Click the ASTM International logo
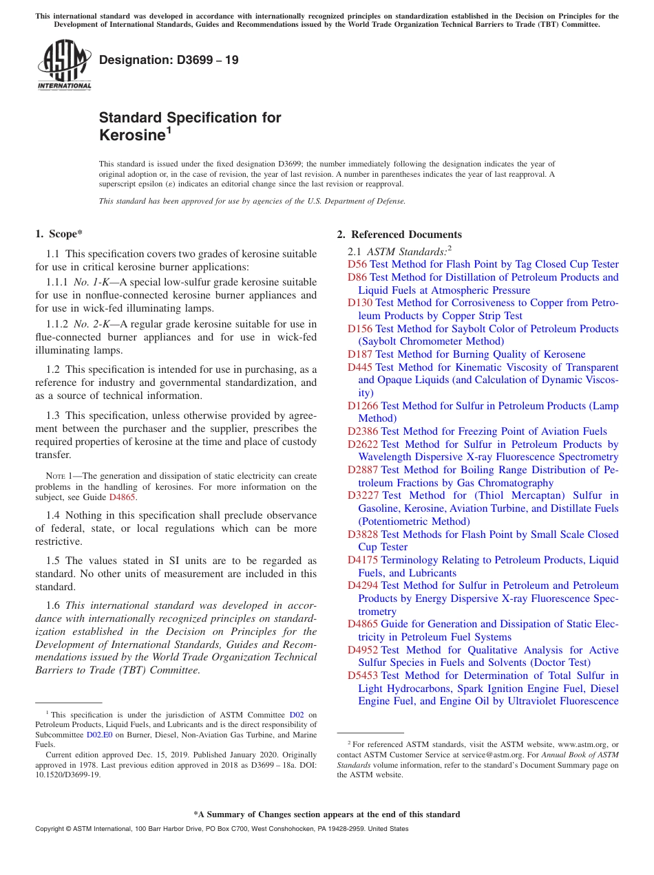(x=64, y=65)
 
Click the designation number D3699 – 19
(x=169, y=60)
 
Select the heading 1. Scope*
(x=59, y=235)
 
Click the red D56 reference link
(x=357, y=264)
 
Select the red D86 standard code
(x=357, y=277)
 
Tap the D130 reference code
(x=360, y=303)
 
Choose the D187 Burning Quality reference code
(x=360, y=354)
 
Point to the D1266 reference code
(x=363, y=406)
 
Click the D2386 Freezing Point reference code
(x=363, y=431)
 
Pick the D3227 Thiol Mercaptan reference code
(x=363, y=495)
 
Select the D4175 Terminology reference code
(x=363, y=560)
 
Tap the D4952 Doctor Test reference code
(x=363, y=650)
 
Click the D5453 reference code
(x=363, y=676)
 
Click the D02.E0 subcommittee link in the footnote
(x=99, y=734)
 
